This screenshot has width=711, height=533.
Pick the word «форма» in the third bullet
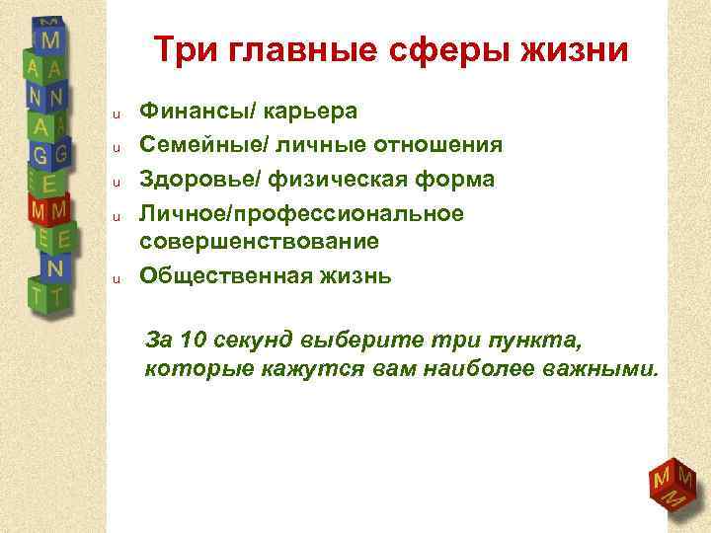tap(455, 180)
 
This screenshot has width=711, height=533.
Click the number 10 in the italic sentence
tap(195, 342)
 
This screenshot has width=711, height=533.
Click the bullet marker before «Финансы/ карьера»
tap(115, 114)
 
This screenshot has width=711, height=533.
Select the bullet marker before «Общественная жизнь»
tap(115, 278)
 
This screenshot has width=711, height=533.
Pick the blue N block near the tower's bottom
tap(55, 267)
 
